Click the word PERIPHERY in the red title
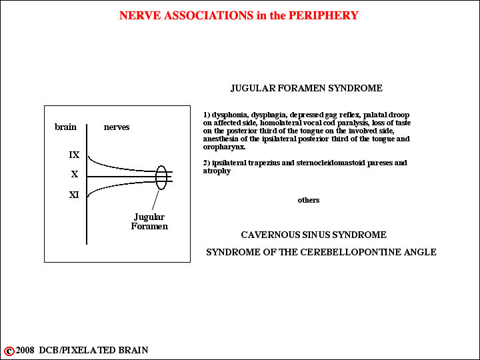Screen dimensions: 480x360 323,15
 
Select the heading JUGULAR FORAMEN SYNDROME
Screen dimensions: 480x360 307,88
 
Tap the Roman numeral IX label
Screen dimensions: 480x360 74,155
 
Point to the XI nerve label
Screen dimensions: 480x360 74,195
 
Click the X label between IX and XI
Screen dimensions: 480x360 75,174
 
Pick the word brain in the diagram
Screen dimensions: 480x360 65,127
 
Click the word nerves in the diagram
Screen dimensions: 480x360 117,127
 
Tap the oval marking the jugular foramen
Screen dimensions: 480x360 156,177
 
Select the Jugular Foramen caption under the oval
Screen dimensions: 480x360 149,221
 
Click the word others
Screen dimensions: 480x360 309,200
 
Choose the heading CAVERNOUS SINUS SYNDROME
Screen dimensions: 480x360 314,235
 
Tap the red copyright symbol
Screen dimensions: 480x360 9,351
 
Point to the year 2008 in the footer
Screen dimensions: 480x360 25,350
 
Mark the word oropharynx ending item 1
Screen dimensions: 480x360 224,147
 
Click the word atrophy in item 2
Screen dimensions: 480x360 217,171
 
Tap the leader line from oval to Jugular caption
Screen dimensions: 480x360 155,200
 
